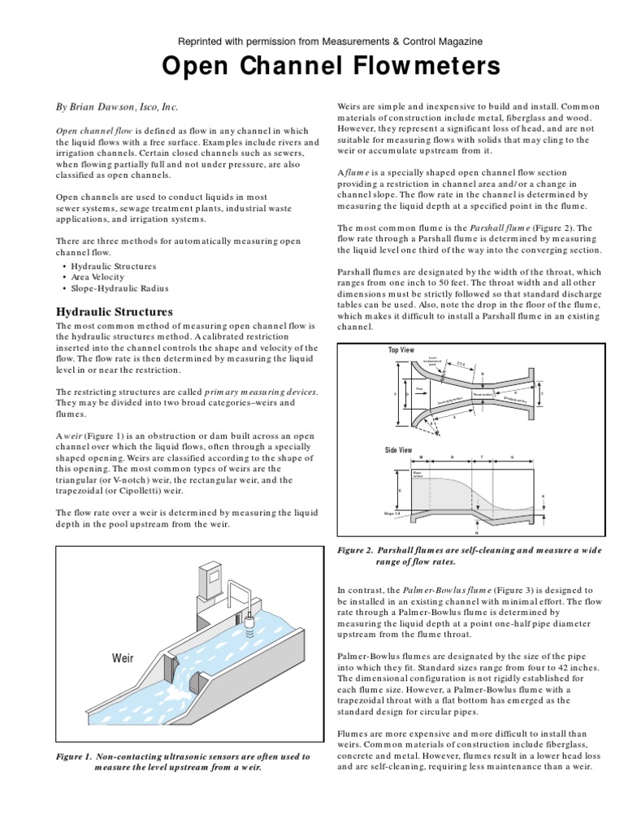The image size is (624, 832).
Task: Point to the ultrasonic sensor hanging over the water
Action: (249, 624)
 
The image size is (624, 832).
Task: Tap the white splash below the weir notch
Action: (183, 695)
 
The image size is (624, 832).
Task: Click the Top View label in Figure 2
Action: (401, 349)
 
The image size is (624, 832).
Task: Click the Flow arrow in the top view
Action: (420, 388)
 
